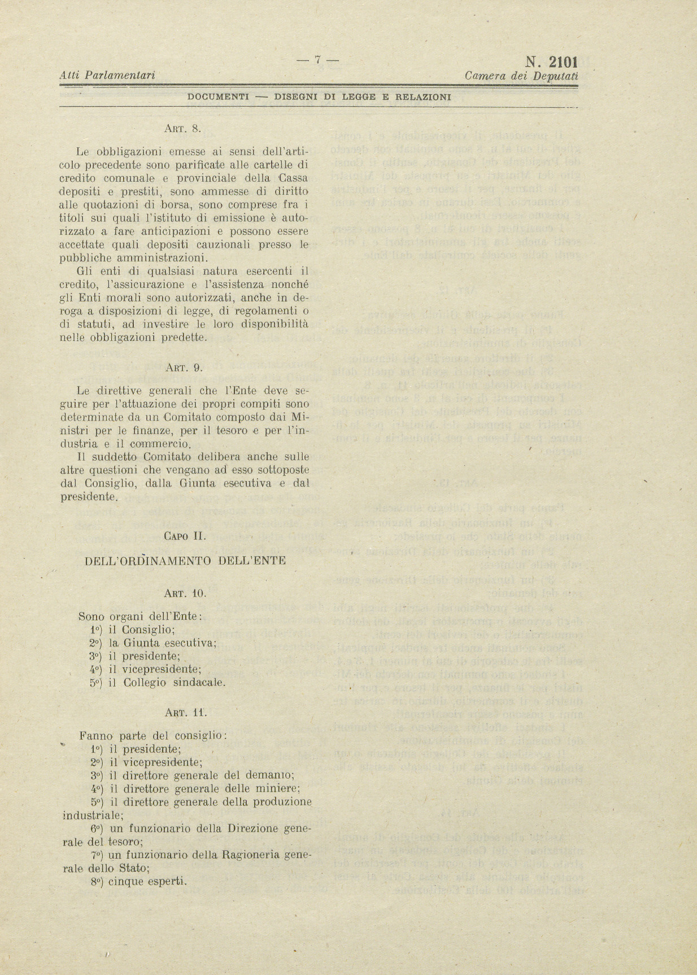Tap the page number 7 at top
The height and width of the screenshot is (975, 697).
(x=318, y=59)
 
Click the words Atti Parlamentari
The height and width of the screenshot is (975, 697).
(x=107, y=75)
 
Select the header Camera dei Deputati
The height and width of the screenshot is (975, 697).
(x=521, y=75)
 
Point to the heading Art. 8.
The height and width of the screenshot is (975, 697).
(x=182, y=128)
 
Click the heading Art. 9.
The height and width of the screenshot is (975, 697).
(x=183, y=368)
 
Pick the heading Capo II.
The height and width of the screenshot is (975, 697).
(x=185, y=536)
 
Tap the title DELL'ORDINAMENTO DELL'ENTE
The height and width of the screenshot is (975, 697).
(x=185, y=561)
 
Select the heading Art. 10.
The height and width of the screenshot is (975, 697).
(x=185, y=593)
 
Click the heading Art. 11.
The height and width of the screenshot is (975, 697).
(x=185, y=712)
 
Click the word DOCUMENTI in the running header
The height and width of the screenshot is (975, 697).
(x=218, y=97)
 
